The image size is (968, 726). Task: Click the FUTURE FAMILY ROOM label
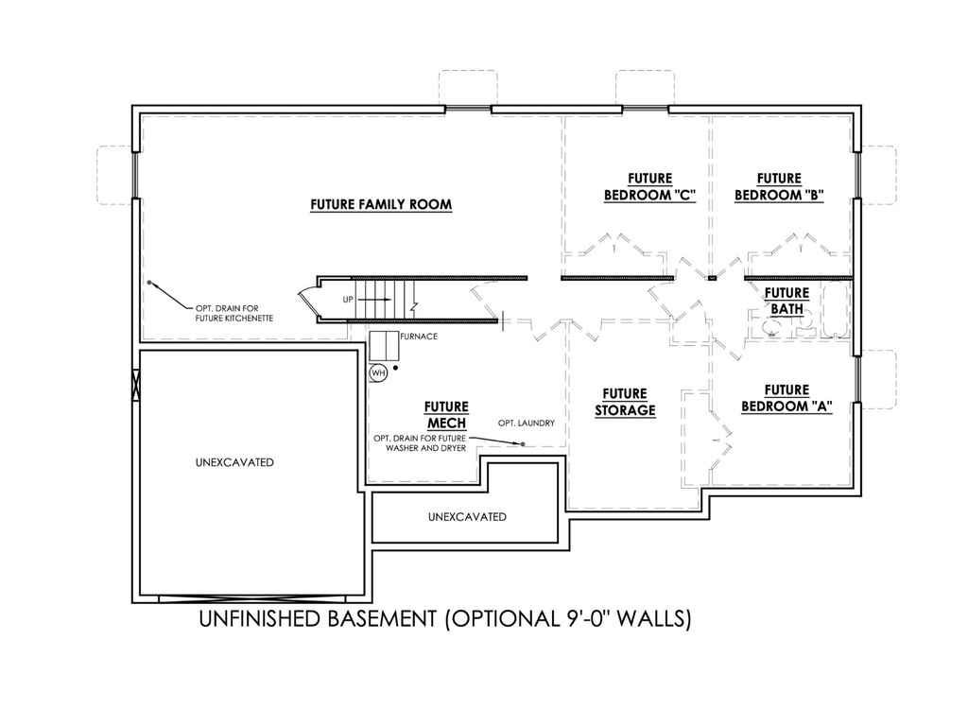(381, 204)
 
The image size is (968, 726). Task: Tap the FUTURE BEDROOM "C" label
(649, 187)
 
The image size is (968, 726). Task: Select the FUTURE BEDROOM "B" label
(780, 187)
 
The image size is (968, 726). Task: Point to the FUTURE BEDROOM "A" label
(786, 398)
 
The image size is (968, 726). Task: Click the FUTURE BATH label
(786, 301)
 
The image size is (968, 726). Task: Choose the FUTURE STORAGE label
(625, 402)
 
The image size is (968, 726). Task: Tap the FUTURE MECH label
(446, 415)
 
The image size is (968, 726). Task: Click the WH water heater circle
(378, 372)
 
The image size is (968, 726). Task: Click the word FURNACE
(418, 337)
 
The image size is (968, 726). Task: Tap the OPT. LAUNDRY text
(527, 423)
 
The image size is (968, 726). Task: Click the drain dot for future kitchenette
(149, 282)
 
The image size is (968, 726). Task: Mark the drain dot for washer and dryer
(519, 443)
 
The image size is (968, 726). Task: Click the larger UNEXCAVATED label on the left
(234, 462)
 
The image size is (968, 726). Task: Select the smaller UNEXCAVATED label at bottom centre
(467, 517)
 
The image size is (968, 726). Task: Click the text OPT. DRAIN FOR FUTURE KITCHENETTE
(234, 314)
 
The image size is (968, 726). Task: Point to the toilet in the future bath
(773, 327)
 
